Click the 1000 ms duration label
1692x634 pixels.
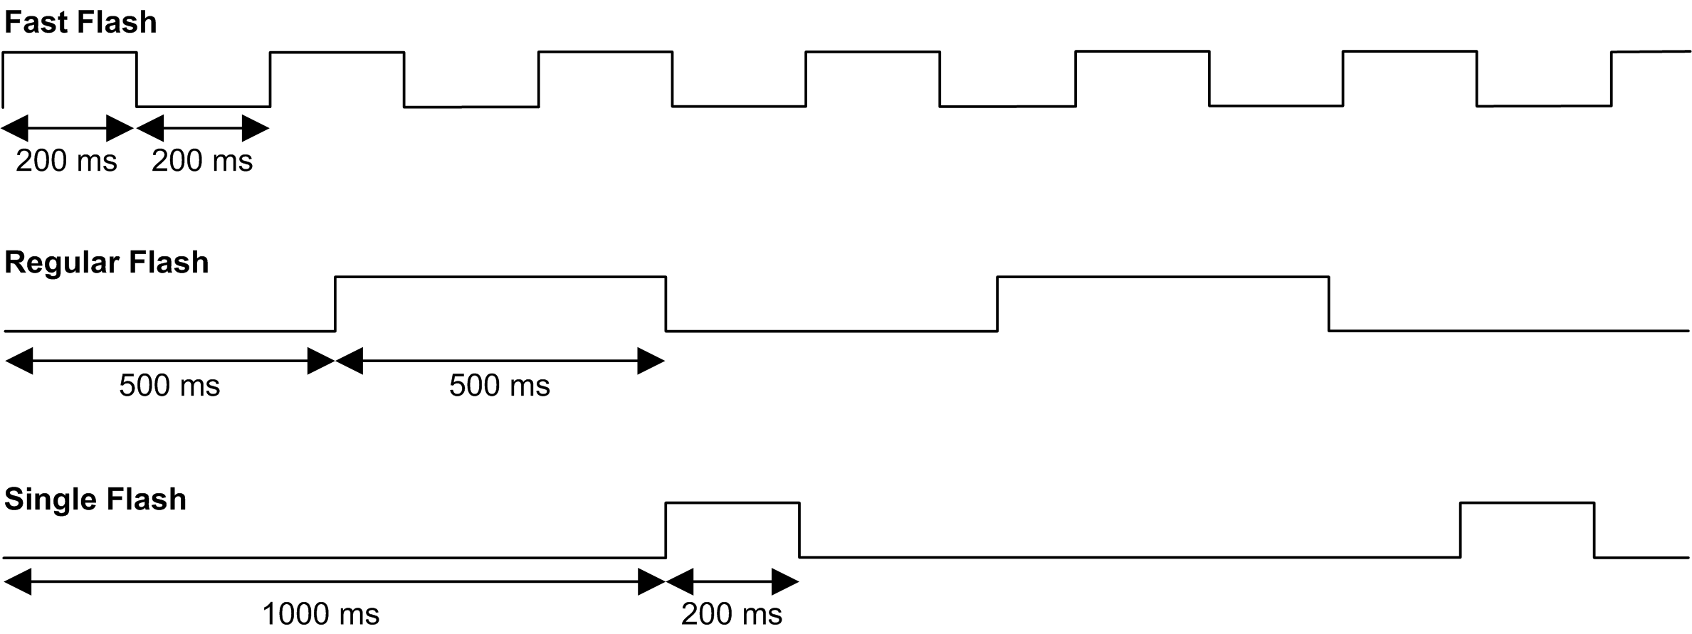click(320, 613)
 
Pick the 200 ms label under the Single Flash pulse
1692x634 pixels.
click(731, 613)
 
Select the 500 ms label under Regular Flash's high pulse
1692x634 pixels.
click(499, 386)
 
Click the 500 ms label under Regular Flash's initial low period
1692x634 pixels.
click(169, 386)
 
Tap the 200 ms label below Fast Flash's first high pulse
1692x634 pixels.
click(66, 161)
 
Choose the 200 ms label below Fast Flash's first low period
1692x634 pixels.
click(202, 161)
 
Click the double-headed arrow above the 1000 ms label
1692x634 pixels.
click(335, 582)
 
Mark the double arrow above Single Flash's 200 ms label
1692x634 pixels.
click(732, 582)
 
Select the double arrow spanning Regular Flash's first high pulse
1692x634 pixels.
click(500, 361)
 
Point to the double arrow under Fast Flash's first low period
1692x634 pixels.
click(203, 129)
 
